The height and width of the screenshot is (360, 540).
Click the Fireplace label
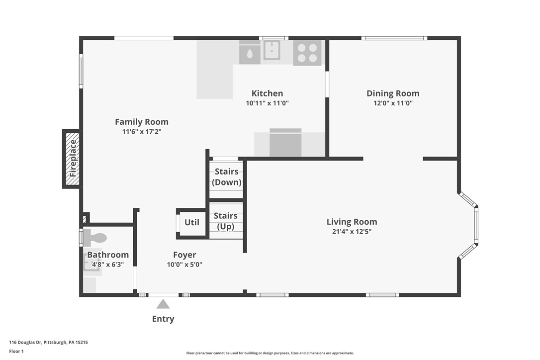click(73, 158)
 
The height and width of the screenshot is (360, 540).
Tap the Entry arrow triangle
click(163, 304)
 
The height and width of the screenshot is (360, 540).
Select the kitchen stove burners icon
click(307, 53)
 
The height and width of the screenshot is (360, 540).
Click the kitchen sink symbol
click(271, 50)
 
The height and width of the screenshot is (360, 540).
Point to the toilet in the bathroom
click(94, 237)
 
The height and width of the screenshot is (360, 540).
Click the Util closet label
click(192, 223)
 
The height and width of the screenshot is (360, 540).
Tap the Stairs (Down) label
click(227, 177)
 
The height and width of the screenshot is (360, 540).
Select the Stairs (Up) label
click(226, 221)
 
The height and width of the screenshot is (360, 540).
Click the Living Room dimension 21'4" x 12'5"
click(352, 232)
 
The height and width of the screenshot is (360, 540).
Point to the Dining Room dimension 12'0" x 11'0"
click(393, 103)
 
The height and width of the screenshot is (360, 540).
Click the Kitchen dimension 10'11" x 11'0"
click(267, 103)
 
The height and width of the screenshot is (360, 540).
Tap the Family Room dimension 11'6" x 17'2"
click(142, 132)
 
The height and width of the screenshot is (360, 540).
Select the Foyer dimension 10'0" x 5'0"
click(184, 265)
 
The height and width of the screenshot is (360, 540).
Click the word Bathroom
click(108, 255)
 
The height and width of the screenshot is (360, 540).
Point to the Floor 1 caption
click(16, 352)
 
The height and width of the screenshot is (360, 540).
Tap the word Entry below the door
click(163, 319)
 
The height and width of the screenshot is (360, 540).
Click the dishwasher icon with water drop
click(250, 53)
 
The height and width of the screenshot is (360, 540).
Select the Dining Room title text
click(393, 93)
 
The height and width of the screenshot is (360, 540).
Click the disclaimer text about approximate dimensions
click(270, 353)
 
